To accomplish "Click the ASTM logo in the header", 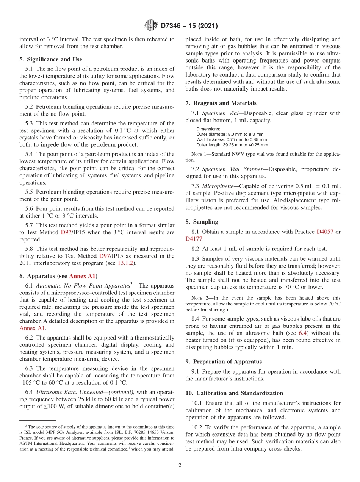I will pyautogui.click(x=151, y=26).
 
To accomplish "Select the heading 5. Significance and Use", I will pyautogui.click(x=50, y=59).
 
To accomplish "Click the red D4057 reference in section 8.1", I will pyautogui.click(x=324, y=232).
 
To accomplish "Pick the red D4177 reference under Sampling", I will pyautogui.click(x=194, y=239).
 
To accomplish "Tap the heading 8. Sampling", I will pyautogui.click(x=202, y=222).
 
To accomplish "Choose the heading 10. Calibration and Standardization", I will pyautogui.click(x=234, y=393).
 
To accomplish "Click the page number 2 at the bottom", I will pyautogui.click(x=180, y=465).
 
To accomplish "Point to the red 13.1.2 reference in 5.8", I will pyautogui.click(x=126, y=263).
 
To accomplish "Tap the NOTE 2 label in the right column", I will pyautogui.click(x=199, y=298).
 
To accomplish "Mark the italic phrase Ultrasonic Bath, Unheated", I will pyautogui.click(x=66, y=392).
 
